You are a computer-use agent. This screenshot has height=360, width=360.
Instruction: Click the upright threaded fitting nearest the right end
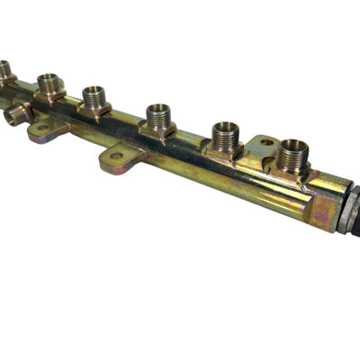pyautogui.click(x=292, y=157)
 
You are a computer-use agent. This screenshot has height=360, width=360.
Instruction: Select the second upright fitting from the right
pyautogui.click(x=225, y=137)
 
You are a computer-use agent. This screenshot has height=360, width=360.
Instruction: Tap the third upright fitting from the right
pyautogui.click(x=157, y=117)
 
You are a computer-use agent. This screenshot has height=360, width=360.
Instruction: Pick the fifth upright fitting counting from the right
pyautogui.click(x=49, y=85)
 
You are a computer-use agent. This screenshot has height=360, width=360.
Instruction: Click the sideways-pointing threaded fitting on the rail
pyautogui.click(x=17, y=114)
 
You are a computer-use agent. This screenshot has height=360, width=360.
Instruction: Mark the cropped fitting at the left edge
pyautogui.click(x=4, y=70)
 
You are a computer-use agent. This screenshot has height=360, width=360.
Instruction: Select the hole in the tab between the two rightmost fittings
pyautogui.click(x=266, y=142)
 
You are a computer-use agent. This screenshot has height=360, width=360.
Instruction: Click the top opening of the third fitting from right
pyautogui.click(x=157, y=109)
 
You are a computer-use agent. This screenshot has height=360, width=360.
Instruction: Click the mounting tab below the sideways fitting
pyautogui.click(x=45, y=130)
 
